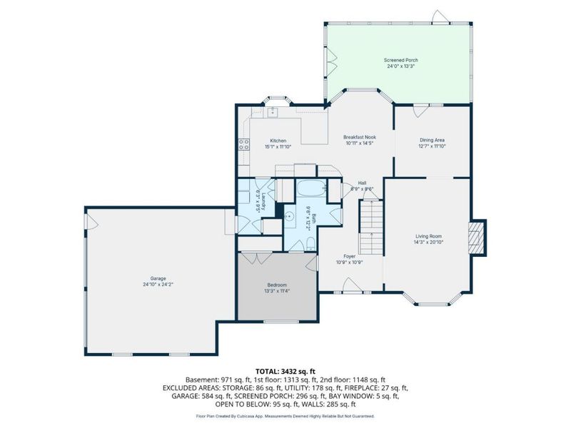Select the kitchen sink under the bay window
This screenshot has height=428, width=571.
pos(272,112)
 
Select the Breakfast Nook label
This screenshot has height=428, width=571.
pos(359,137)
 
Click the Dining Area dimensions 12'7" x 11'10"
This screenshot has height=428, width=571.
pos(432,147)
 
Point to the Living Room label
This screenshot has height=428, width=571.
pos(429,236)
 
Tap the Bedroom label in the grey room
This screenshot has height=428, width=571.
pos(277,285)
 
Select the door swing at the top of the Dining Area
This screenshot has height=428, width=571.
pos(420,111)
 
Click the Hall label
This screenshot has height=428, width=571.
pos(362,183)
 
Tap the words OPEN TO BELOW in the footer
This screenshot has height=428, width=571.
pos(243,404)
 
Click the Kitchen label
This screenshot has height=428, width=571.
pos(278,141)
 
